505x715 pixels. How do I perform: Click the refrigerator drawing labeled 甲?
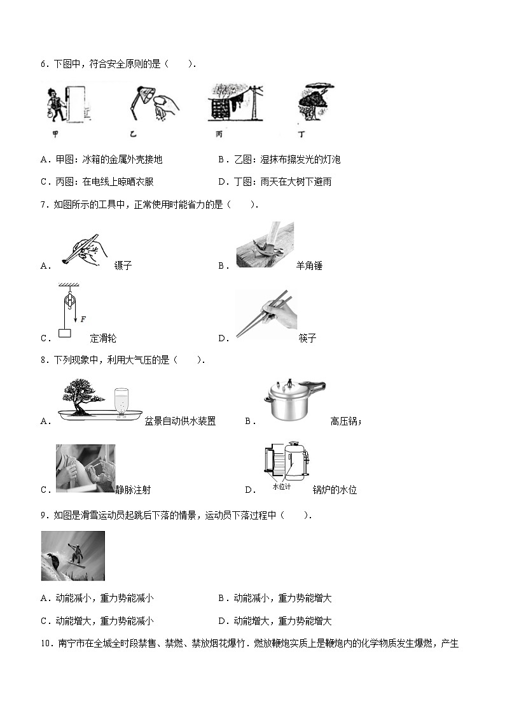79,103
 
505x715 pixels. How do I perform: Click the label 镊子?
123,265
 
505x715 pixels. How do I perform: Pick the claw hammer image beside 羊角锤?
264,244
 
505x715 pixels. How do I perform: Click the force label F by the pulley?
83,319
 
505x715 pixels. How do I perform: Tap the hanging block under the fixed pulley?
64,333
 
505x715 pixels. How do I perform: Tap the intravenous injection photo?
85,468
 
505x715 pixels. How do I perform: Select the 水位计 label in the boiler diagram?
281,486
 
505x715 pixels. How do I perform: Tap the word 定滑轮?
103,338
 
